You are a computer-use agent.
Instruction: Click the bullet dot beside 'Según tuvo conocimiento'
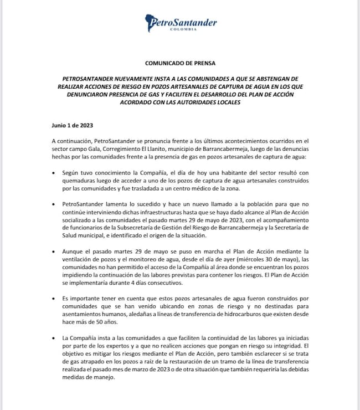click(53, 173)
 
